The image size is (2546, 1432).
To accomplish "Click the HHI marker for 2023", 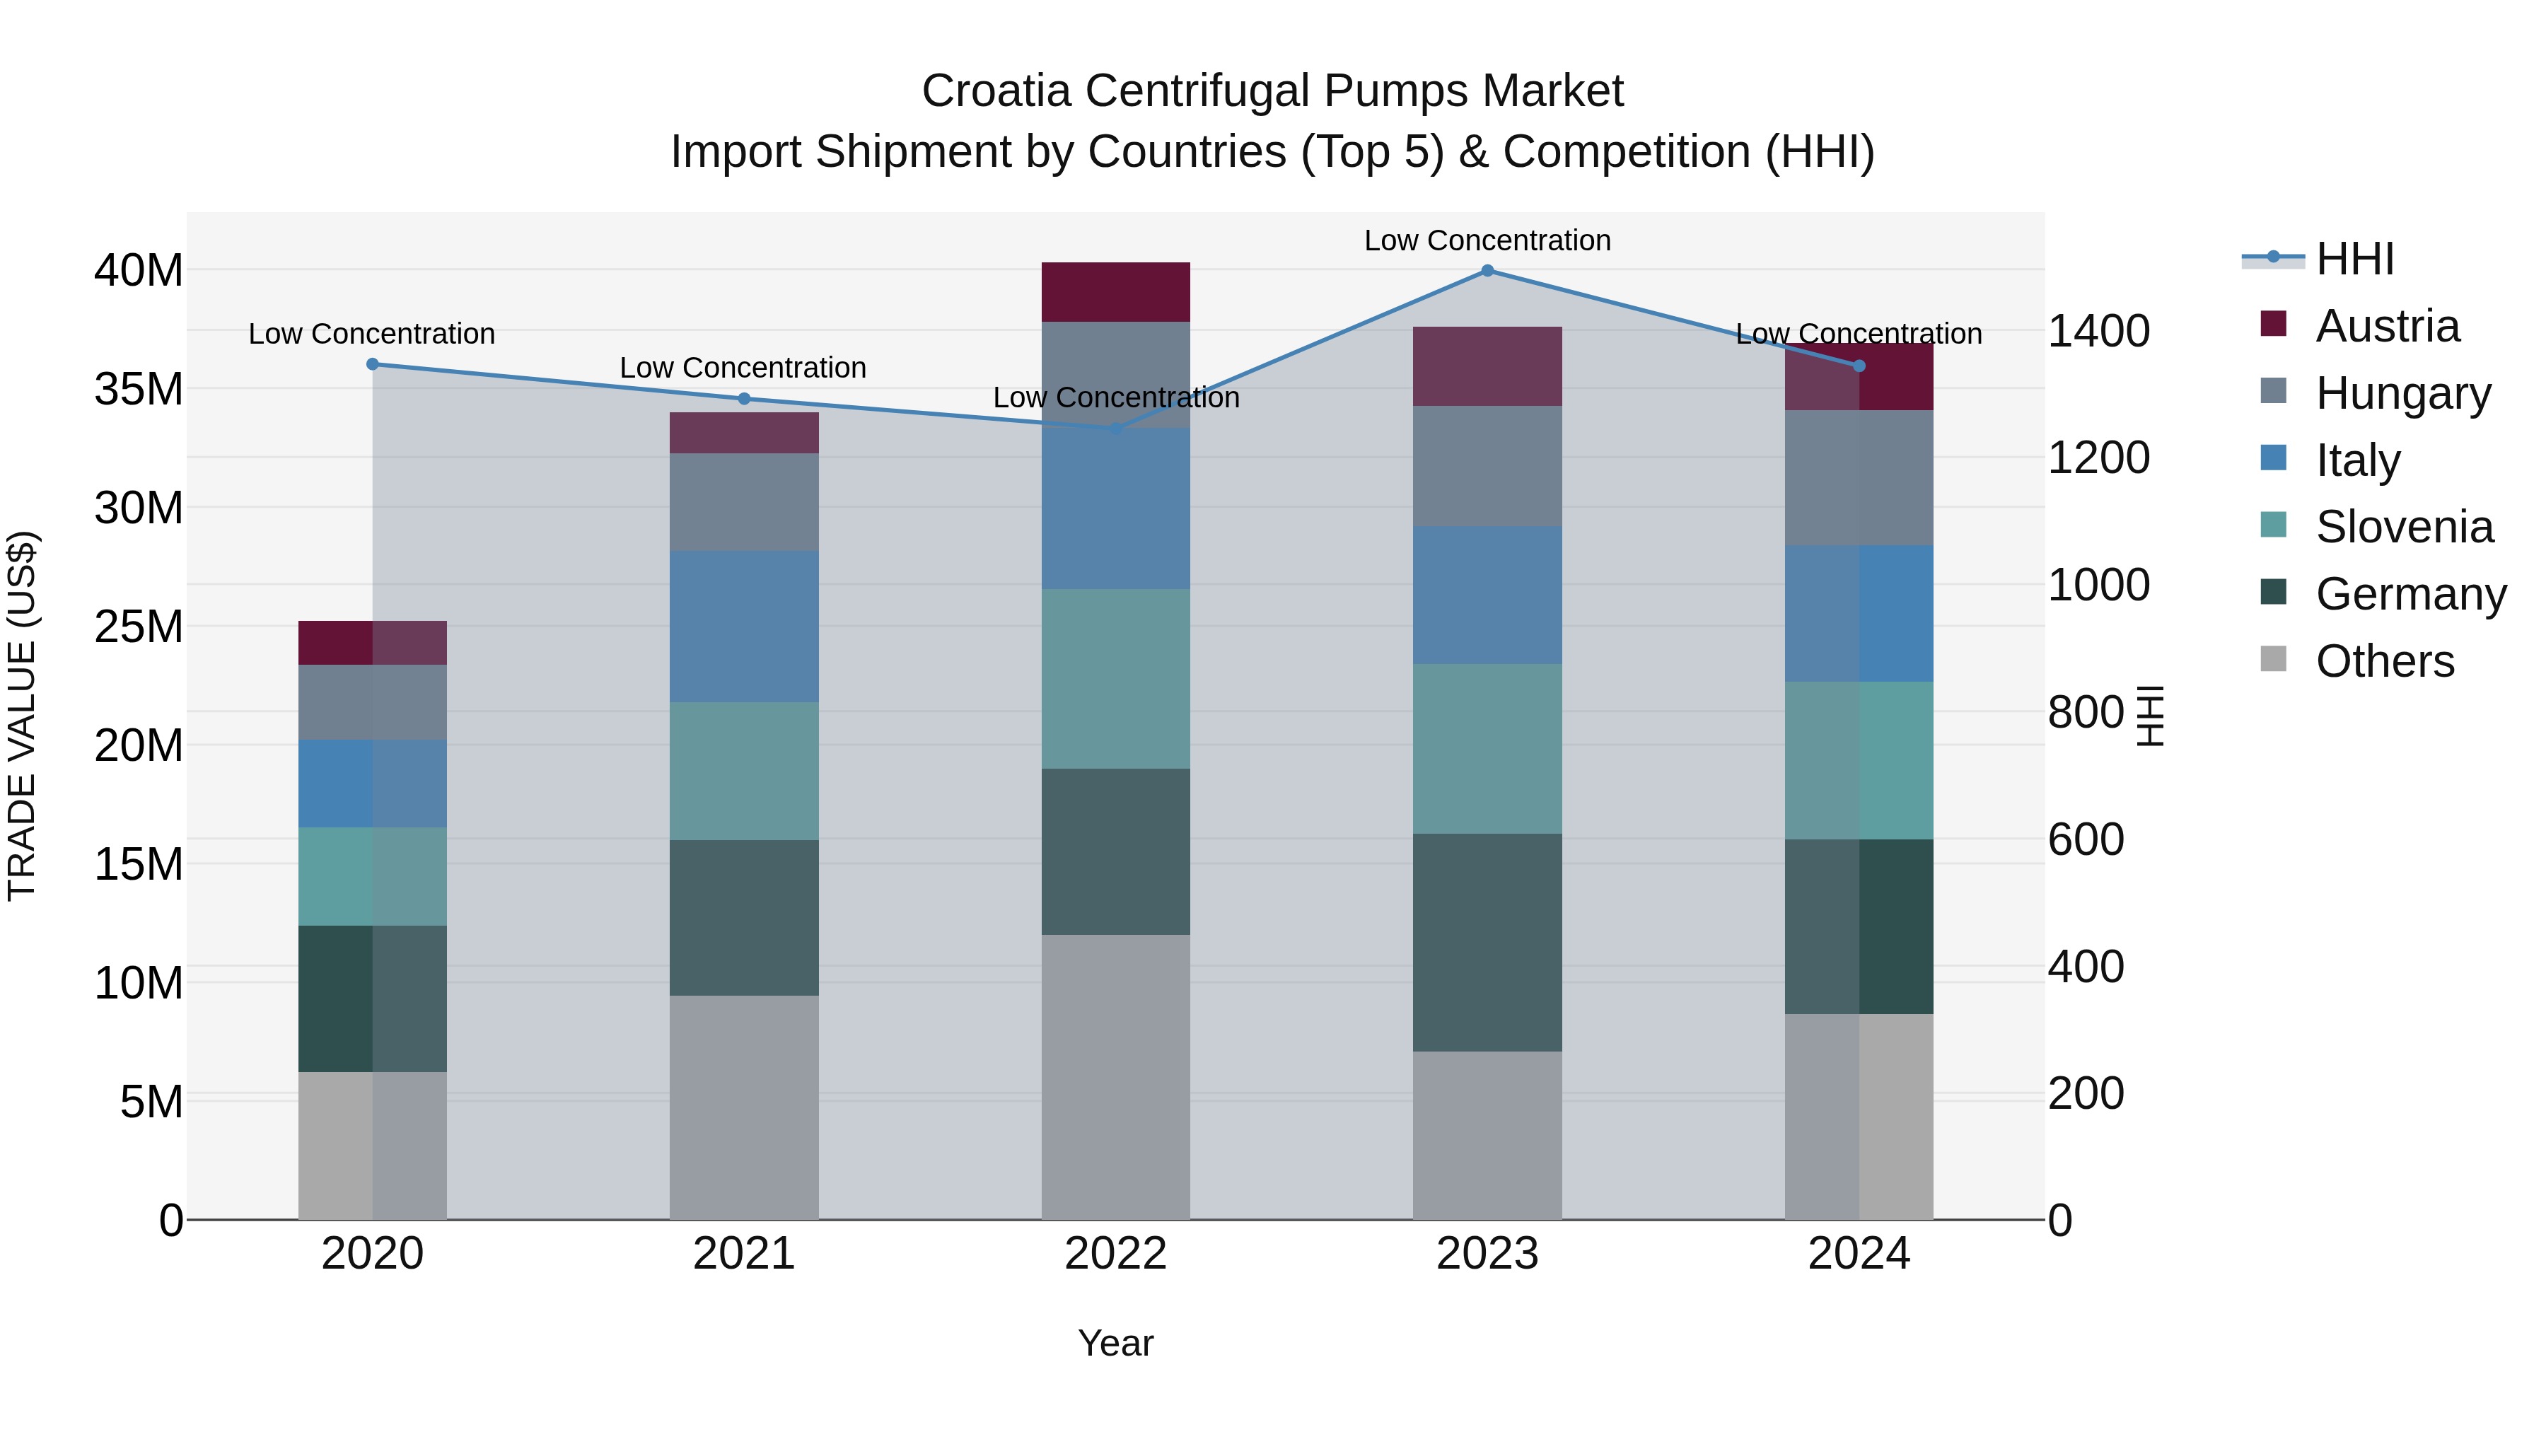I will tap(1487, 271).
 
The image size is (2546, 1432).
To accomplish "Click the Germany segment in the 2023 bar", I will tap(1487, 942).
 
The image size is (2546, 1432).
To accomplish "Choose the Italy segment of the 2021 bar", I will tap(743, 626).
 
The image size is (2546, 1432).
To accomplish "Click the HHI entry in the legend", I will tap(2353, 259).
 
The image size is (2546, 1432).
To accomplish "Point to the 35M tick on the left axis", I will tap(139, 388).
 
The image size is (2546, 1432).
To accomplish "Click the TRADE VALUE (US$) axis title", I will tap(22, 716).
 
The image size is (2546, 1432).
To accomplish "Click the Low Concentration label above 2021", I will tap(743, 368).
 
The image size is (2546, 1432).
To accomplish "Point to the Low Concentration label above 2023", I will tap(1487, 240).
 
